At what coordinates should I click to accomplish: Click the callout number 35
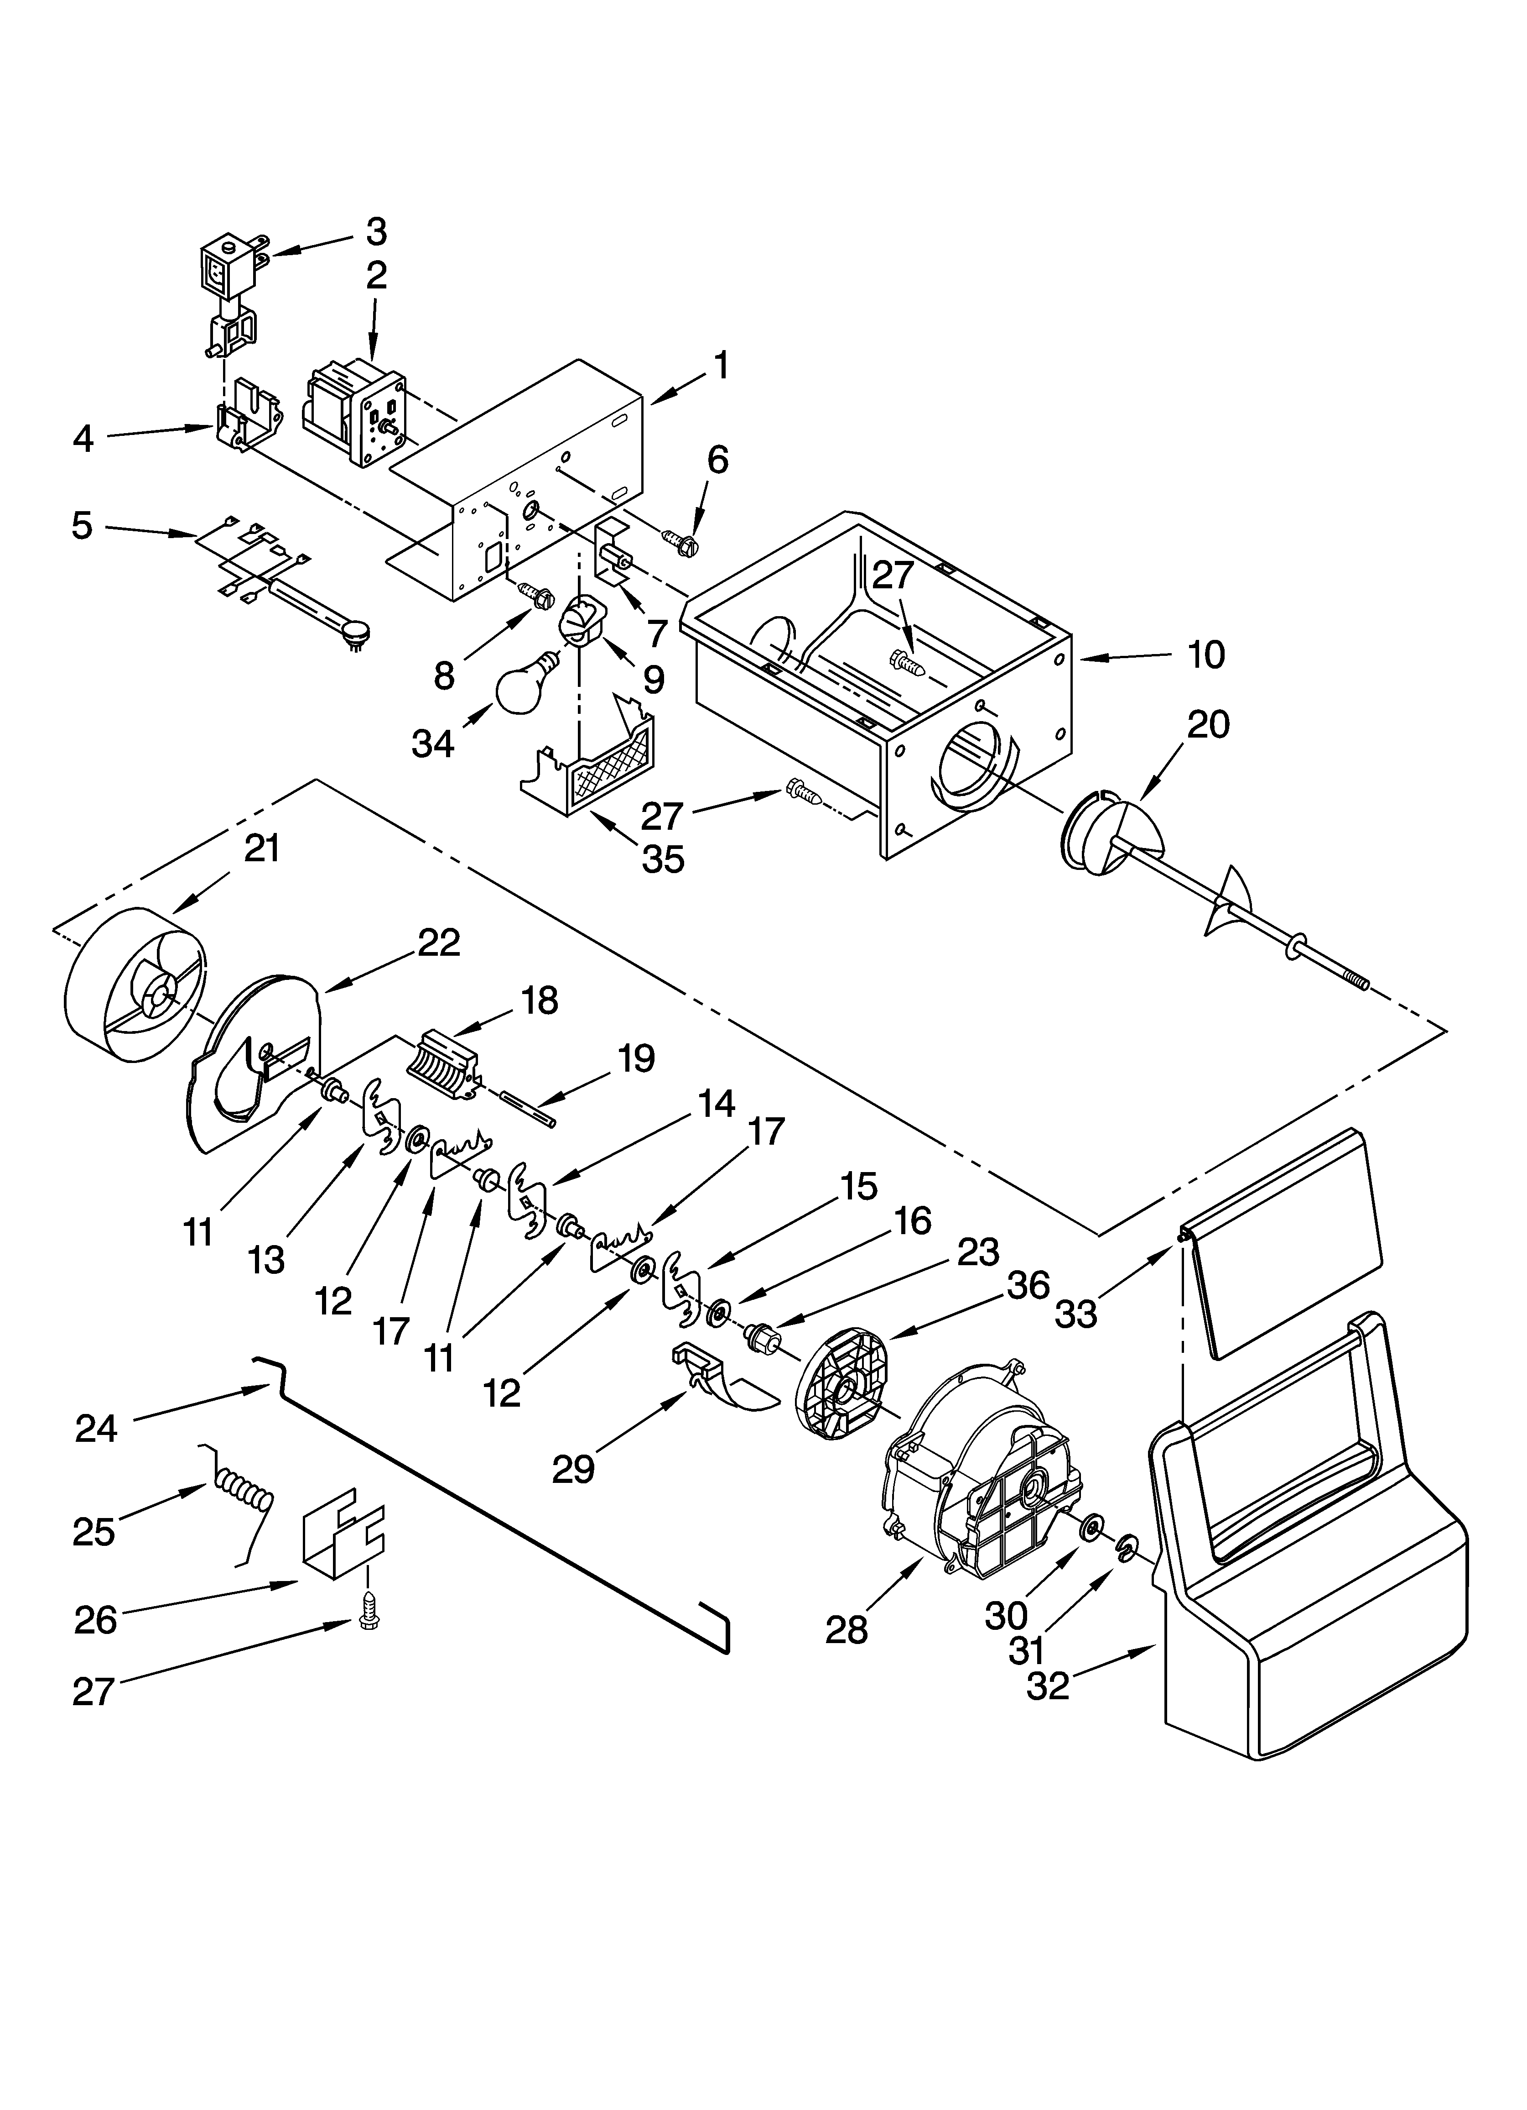663,859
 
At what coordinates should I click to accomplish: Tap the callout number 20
1208,725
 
